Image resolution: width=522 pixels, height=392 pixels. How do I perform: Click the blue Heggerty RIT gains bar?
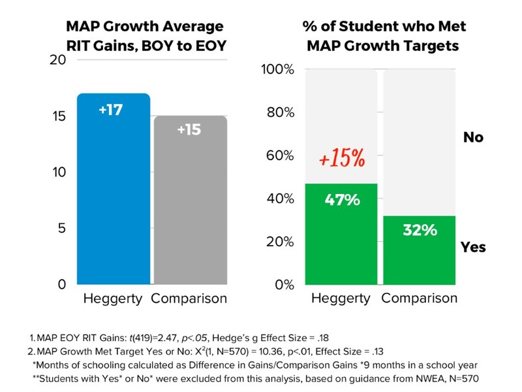pyautogui.click(x=114, y=196)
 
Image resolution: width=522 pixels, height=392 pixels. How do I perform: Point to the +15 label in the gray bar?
pyautogui.click(x=189, y=129)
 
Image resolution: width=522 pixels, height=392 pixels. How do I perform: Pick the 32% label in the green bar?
pyautogui.click(x=419, y=231)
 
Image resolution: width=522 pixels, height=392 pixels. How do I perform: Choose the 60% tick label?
pyautogui.click(x=282, y=155)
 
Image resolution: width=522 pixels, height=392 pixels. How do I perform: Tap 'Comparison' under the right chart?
pyautogui.click(x=419, y=299)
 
